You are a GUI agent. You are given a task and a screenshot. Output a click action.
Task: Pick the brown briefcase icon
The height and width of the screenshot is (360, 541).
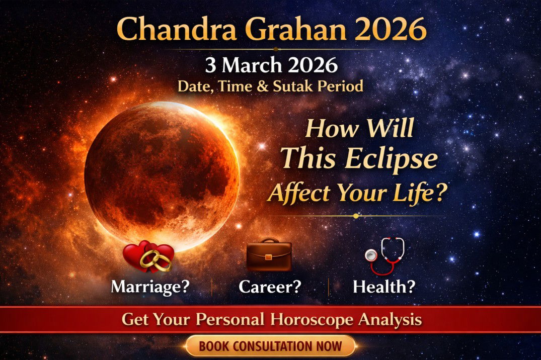pyautogui.click(x=269, y=255)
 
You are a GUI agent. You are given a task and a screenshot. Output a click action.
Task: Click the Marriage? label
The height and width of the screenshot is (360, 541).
pyautogui.click(x=150, y=287)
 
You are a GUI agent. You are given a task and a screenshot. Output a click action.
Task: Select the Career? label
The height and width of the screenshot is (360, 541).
pyautogui.click(x=270, y=287)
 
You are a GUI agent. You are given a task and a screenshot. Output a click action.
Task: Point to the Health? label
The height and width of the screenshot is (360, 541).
pyautogui.click(x=384, y=287)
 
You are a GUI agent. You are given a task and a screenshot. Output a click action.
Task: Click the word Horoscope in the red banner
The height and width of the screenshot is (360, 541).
pyautogui.click(x=315, y=320)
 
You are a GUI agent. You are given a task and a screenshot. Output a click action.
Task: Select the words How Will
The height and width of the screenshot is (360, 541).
pyautogui.click(x=359, y=128)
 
